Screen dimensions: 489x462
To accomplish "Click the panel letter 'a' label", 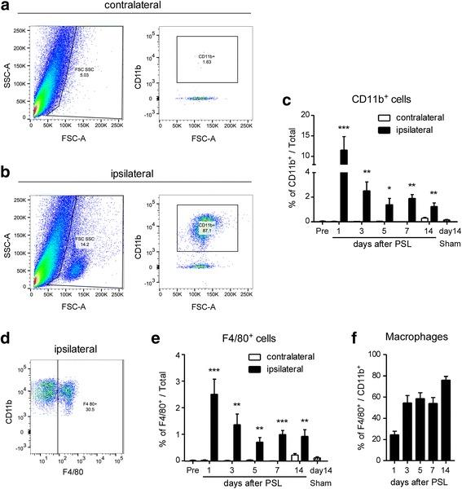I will click(7, 7).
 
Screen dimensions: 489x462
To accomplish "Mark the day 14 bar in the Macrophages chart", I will click(446, 422).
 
